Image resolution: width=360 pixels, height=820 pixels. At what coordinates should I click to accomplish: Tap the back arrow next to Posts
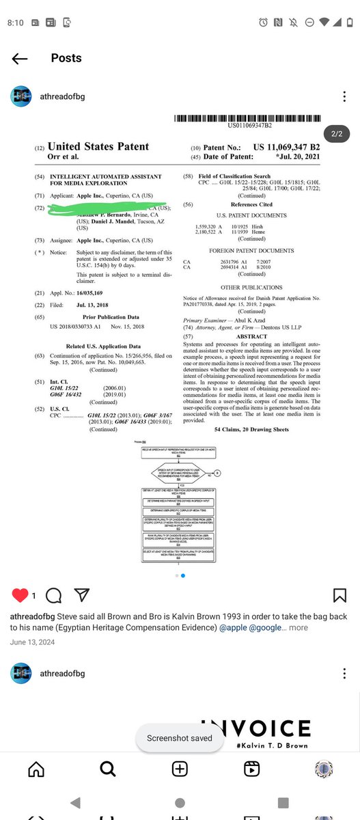pos(20,58)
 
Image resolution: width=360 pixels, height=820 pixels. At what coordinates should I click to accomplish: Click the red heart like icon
pos(20,595)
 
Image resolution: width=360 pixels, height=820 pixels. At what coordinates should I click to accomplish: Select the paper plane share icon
pos(82,595)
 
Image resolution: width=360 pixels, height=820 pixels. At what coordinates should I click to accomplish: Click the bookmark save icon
pos(340,595)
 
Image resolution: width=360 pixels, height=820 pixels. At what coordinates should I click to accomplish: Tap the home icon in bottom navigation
pos(36,769)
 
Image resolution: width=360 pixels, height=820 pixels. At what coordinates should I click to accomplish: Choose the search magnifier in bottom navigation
pos(108,769)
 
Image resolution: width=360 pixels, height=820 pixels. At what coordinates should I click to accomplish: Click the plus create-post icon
pos(180,769)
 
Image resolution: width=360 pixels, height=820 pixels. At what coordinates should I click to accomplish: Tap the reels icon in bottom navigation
pos(251,769)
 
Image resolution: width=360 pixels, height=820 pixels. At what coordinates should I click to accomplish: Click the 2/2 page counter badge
pos(336,134)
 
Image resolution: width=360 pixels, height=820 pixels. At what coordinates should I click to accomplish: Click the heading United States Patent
pos(98,146)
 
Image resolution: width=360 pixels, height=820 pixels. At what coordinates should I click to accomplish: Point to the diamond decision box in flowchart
pos(179,473)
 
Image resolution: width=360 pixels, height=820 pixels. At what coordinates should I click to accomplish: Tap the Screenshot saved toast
pos(180,738)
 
